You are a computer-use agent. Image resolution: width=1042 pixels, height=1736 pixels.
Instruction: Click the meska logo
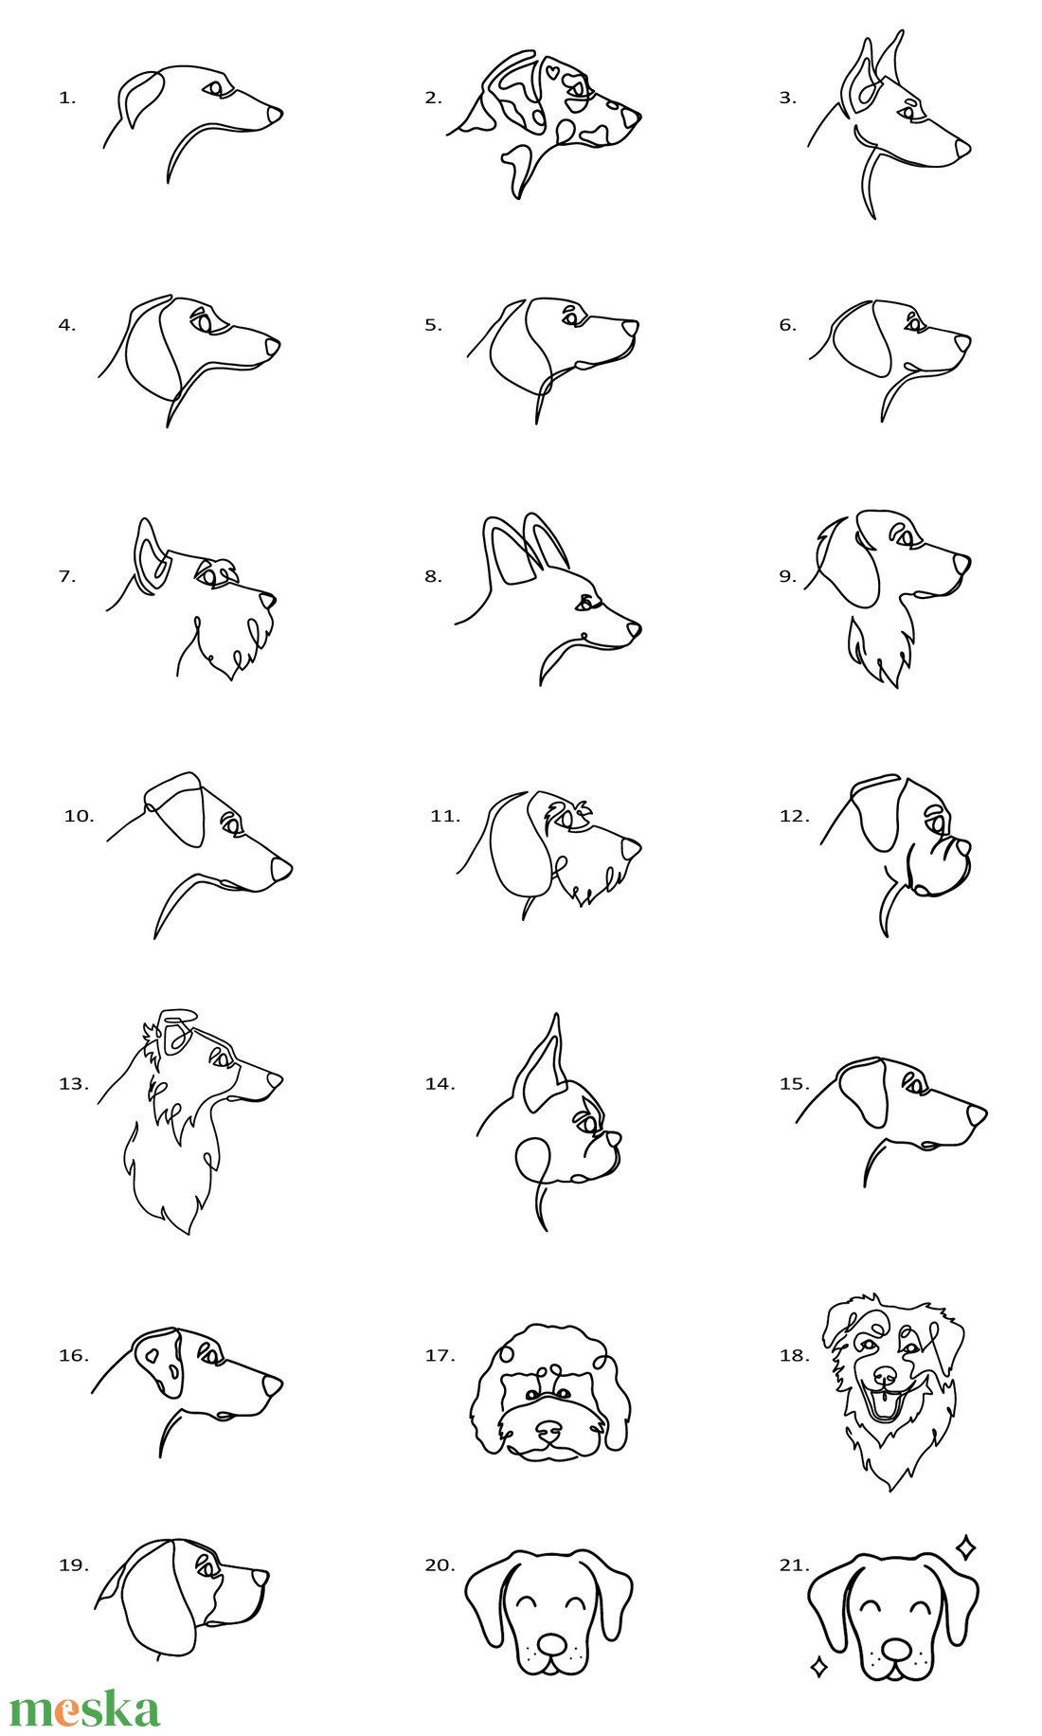coord(84,1708)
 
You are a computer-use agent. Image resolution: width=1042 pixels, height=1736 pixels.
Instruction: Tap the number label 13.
coord(73,1084)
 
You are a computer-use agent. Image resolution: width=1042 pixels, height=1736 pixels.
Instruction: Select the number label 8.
coord(433,576)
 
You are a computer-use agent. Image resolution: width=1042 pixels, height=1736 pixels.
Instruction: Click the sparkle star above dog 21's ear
coord(965,1548)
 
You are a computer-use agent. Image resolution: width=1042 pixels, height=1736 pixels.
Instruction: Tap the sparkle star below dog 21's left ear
coord(819,1667)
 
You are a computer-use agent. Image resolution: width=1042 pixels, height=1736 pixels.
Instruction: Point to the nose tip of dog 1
coord(275,114)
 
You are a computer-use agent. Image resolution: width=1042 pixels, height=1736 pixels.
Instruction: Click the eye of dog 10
coord(230,823)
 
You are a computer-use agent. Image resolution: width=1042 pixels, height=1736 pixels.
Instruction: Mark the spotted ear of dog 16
coord(158,1362)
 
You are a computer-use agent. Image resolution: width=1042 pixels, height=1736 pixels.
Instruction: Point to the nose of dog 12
coord(960,847)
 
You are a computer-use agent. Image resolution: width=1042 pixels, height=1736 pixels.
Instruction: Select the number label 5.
coord(433,325)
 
